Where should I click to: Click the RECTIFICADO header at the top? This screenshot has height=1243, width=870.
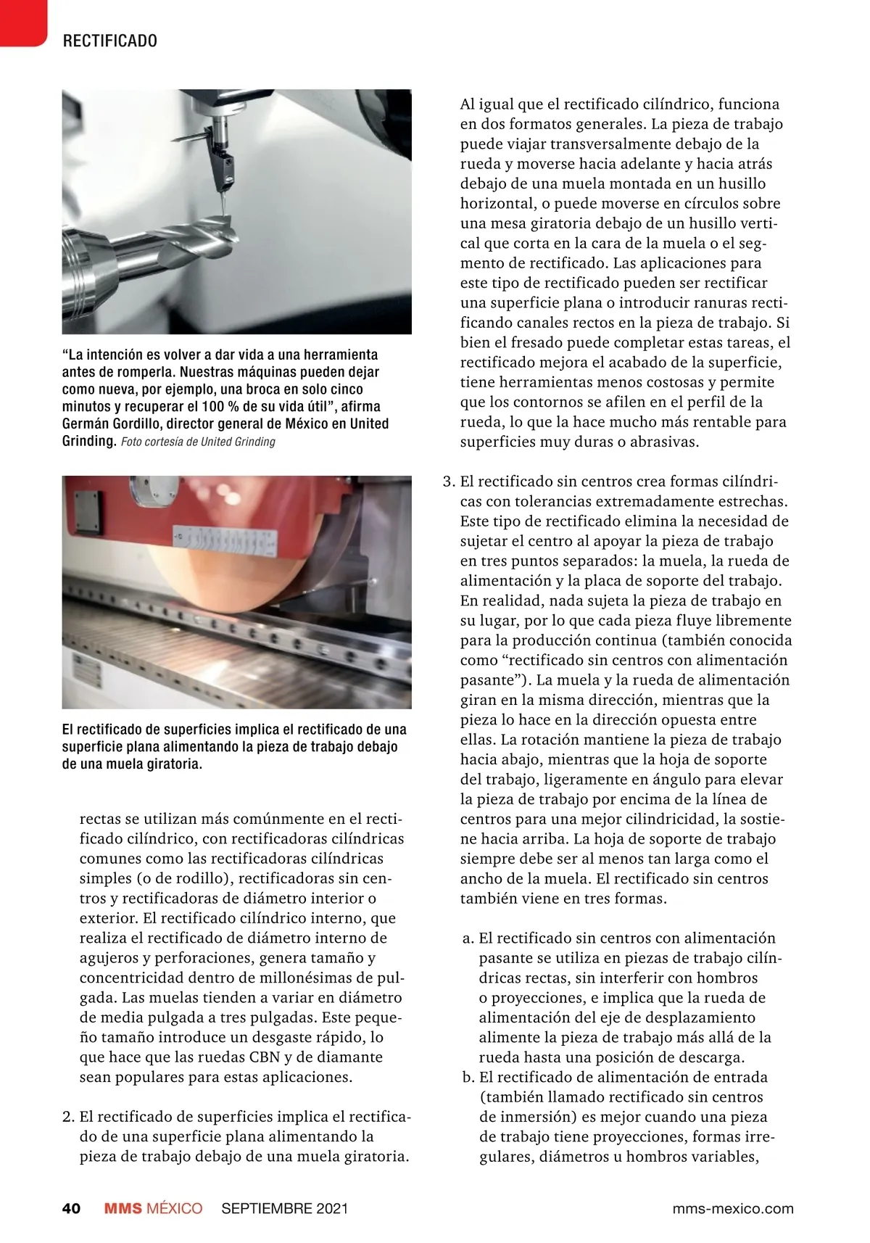[110, 41]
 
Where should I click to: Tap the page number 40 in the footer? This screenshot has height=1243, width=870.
[71, 1208]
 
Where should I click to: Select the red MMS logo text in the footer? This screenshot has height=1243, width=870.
[123, 1208]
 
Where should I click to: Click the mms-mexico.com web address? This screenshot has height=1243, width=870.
[732, 1208]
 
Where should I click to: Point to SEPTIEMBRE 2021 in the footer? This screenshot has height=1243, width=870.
[284, 1208]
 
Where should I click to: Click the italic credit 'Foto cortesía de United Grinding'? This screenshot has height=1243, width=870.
[198, 442]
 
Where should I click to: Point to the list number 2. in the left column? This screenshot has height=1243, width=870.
[69, 1117]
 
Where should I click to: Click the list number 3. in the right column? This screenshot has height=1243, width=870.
[449, 482]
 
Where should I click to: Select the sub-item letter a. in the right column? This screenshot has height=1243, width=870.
[468, 938]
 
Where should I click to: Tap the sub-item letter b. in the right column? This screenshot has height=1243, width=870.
[468, 1078]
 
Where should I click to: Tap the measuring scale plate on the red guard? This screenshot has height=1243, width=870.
[225, 540]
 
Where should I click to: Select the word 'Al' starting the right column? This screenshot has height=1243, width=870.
[468, 104]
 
